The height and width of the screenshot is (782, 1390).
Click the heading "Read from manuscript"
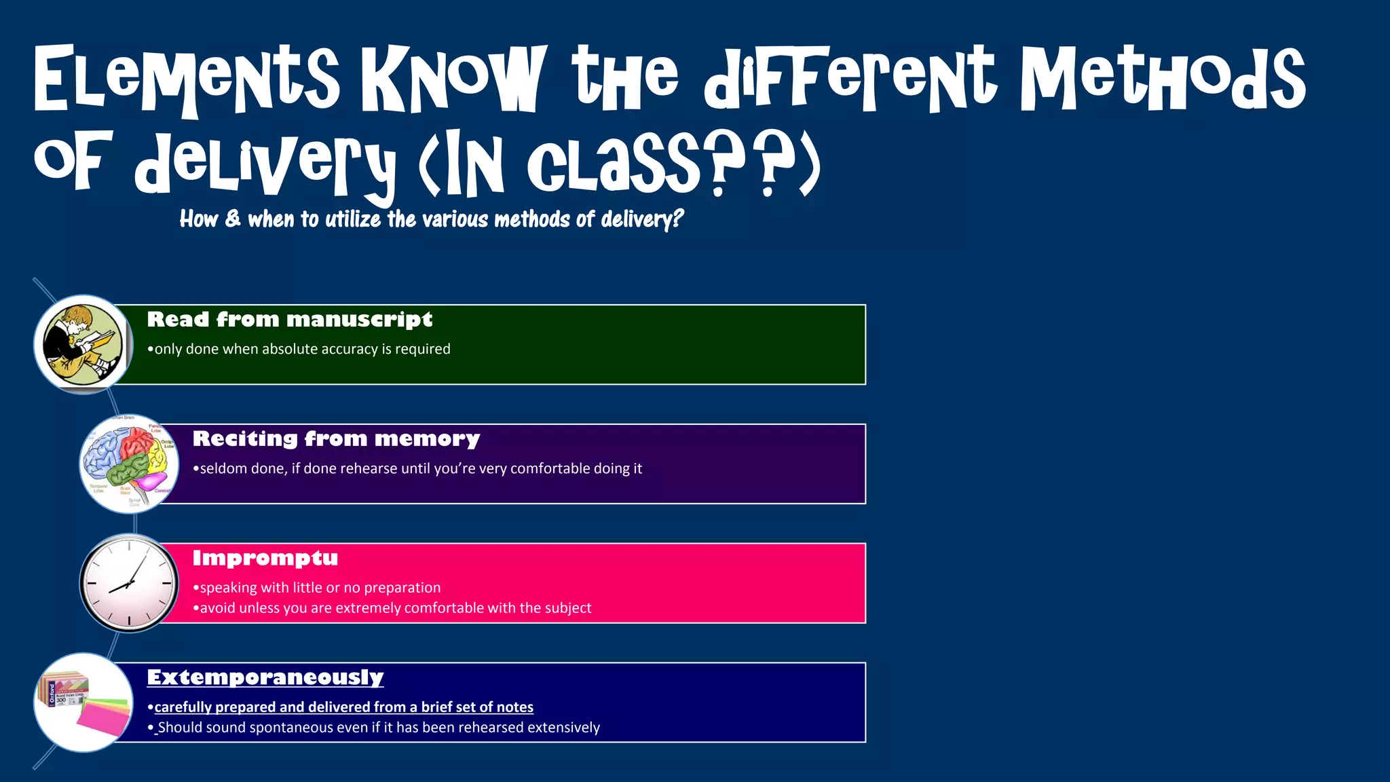point(289,319)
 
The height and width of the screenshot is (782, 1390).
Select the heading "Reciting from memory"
point(336,439)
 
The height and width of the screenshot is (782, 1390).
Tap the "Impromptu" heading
point(265,558)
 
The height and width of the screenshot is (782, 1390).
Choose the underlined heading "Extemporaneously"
point(265,677)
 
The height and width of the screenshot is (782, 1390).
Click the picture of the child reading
point(83,343)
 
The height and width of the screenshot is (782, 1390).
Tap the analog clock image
point(129,583)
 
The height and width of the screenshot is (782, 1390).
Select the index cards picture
point(83,702)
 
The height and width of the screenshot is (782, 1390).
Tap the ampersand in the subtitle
point(233,219)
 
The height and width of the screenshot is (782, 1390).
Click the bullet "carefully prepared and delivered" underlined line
point(343,707)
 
